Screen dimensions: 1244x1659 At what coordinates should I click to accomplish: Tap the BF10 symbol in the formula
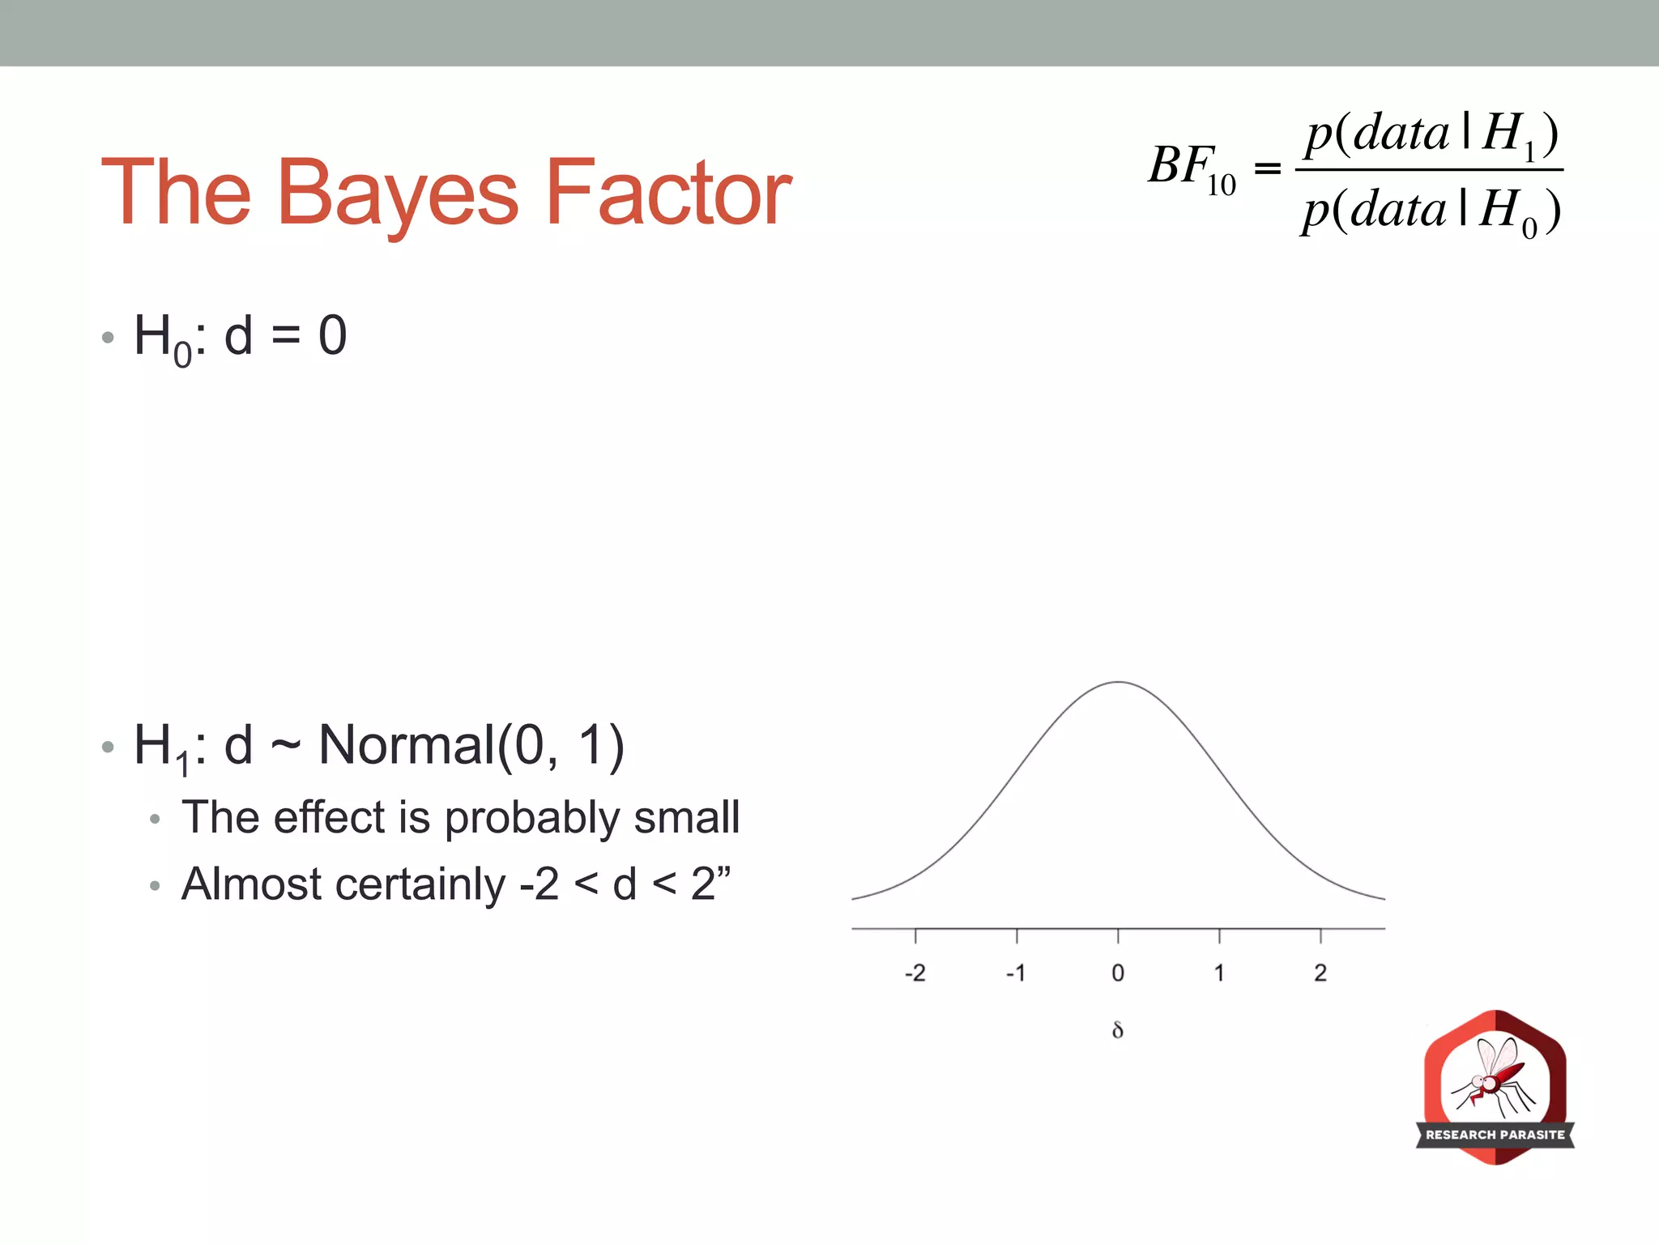pos(1191,168)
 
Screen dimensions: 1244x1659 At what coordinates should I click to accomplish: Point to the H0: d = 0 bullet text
pos(241,336)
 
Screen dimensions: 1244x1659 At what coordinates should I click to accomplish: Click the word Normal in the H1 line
pos(406,745)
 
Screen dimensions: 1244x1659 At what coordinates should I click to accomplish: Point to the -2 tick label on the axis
pos(915,973)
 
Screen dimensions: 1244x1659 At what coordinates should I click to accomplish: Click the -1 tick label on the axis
pos(1015,973)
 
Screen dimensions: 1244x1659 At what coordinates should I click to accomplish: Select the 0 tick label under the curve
pos(1118,973)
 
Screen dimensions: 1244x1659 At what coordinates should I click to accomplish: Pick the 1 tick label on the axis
pos(1219,973)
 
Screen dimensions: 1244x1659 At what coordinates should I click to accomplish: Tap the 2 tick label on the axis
pos(1320,973)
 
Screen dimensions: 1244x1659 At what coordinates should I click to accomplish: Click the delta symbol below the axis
pos(1118,1030)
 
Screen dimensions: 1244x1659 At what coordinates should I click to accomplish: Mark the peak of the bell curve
pos(1118,683)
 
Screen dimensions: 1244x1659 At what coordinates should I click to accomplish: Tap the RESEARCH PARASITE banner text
pos(1495,1135)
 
